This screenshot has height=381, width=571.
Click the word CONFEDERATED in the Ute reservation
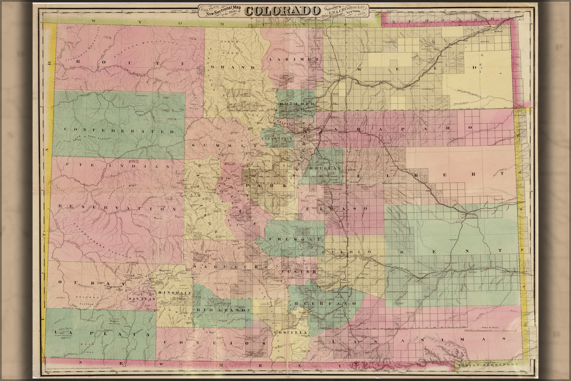tap(119, 130)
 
